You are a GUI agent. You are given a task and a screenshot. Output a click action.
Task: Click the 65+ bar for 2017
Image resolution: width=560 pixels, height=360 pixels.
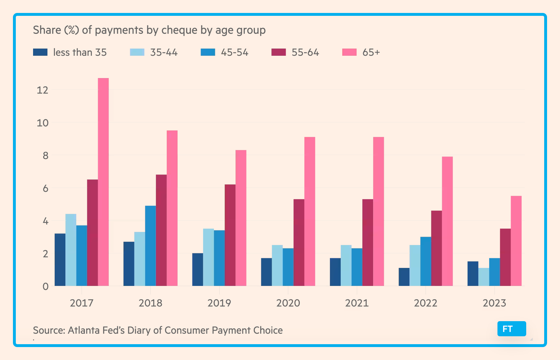point(103,182)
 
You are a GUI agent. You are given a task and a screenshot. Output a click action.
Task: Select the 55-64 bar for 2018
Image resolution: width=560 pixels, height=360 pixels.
point(161,230)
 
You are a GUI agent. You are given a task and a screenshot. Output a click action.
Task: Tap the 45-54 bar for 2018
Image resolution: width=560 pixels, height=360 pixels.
point(151,246)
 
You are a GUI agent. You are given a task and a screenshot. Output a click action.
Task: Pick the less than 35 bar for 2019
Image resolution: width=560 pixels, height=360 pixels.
point(197,269)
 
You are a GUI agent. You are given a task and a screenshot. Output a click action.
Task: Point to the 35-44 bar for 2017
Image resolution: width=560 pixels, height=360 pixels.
point(71,250)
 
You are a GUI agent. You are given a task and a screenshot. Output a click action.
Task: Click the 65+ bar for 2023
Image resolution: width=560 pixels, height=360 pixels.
point(516,241)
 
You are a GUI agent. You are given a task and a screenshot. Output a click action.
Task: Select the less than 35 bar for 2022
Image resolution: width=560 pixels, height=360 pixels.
point(404,277)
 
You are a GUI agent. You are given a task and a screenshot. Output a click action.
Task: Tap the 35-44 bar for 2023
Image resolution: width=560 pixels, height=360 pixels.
point(484,277)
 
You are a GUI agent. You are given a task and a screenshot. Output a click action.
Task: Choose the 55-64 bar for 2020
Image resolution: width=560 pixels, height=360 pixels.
point(299,242)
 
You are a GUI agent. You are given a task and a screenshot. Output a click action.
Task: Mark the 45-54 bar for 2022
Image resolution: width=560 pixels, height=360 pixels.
point(426,261)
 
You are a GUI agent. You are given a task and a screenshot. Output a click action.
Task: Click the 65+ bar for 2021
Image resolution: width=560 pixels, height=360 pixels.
point(378,211)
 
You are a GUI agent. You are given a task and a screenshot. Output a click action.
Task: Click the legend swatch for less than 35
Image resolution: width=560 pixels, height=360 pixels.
point(40,52)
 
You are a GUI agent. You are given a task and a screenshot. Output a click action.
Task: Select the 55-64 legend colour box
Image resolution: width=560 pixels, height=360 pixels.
point(279,52)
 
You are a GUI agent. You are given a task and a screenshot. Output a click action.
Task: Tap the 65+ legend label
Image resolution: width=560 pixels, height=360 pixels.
point(371,52)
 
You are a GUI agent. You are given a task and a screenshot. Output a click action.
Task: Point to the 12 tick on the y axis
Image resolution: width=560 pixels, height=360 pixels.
point(42,90)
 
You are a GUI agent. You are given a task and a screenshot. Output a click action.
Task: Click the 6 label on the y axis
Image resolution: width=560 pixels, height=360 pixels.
point(46,188)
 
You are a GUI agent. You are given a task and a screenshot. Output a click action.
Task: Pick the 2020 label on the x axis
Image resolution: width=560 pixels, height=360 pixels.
point(288,303)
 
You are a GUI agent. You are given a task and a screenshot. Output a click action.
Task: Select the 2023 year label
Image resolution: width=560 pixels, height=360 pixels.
point(494,303)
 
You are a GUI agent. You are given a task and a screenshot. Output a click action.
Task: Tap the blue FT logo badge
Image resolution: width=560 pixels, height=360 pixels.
point(512,329)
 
